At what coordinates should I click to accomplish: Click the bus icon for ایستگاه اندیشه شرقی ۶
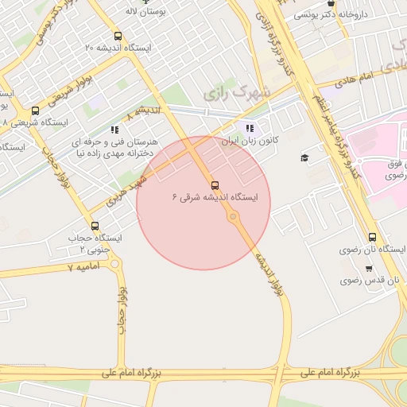(215, 185)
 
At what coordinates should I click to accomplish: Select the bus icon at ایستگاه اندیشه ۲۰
(118, 36)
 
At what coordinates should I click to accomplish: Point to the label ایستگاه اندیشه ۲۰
(118, 48)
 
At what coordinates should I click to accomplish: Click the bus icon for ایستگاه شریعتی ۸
(35, 111)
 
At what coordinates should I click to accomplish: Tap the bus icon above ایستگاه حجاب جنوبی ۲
(95, 227)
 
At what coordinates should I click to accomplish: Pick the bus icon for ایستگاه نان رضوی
(372, 237)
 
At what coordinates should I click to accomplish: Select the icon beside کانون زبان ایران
(250, 128)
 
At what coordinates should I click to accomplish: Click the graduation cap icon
(304, 158)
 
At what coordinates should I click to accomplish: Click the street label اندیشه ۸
(148, 109)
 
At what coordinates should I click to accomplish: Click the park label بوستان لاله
(145, 13)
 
